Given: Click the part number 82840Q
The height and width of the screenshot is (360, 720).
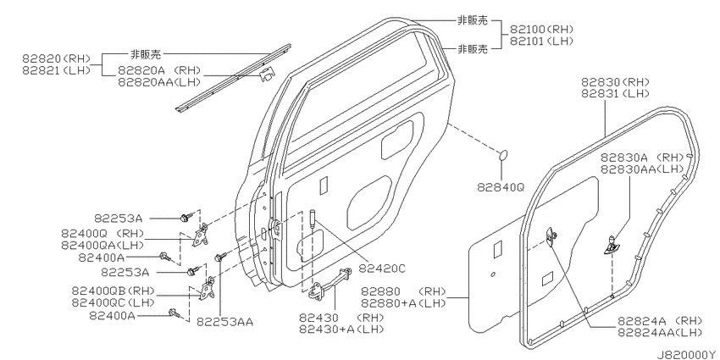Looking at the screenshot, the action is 500,187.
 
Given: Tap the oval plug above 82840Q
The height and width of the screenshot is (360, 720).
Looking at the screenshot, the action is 503,155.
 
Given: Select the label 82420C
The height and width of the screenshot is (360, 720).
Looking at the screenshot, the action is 382,269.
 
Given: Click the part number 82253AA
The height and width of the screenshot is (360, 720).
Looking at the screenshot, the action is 225,322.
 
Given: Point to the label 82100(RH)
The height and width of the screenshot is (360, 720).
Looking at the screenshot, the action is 541,30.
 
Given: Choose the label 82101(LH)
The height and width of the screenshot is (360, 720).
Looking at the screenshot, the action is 541,42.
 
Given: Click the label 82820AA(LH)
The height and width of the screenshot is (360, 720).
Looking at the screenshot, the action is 159,82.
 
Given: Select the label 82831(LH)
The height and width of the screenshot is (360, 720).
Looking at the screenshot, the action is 615,94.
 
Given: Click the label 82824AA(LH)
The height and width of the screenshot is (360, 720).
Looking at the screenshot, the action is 660,332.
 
